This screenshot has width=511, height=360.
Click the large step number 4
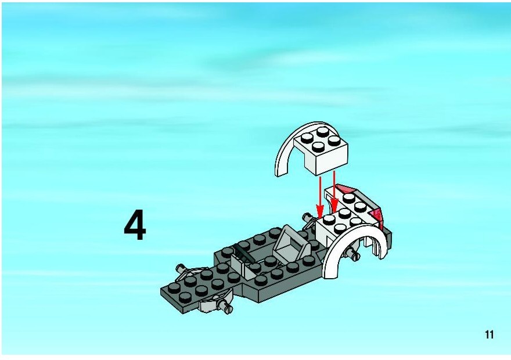[x=135, y=225]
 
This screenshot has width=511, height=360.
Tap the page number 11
[x=489, y=334]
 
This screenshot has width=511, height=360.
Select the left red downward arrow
[x=321, y=197]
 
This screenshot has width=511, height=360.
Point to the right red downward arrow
[x=334, y=192]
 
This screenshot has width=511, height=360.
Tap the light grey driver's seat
[x=291, y=244]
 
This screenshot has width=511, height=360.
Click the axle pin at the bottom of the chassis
[x=226, y=307]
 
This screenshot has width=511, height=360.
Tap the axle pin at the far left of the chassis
[x=180, y=269]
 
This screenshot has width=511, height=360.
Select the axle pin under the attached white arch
[x=352, y=254]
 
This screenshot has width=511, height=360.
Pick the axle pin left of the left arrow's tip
[x=308, y=217]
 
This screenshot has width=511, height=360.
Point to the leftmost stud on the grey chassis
[x=174, y=287]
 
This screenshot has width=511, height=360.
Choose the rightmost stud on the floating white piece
[x=334, y=141]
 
